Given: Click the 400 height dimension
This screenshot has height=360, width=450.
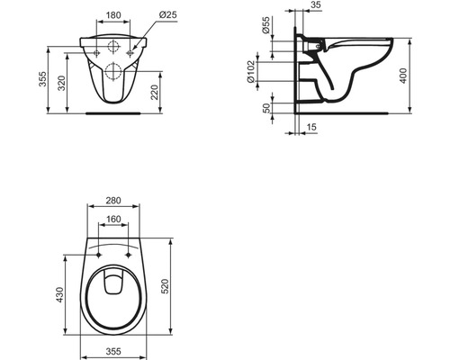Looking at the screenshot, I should point(407,76).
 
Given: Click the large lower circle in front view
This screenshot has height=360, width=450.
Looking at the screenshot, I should point(115,74).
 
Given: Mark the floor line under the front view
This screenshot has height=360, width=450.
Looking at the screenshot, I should point(114,114).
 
